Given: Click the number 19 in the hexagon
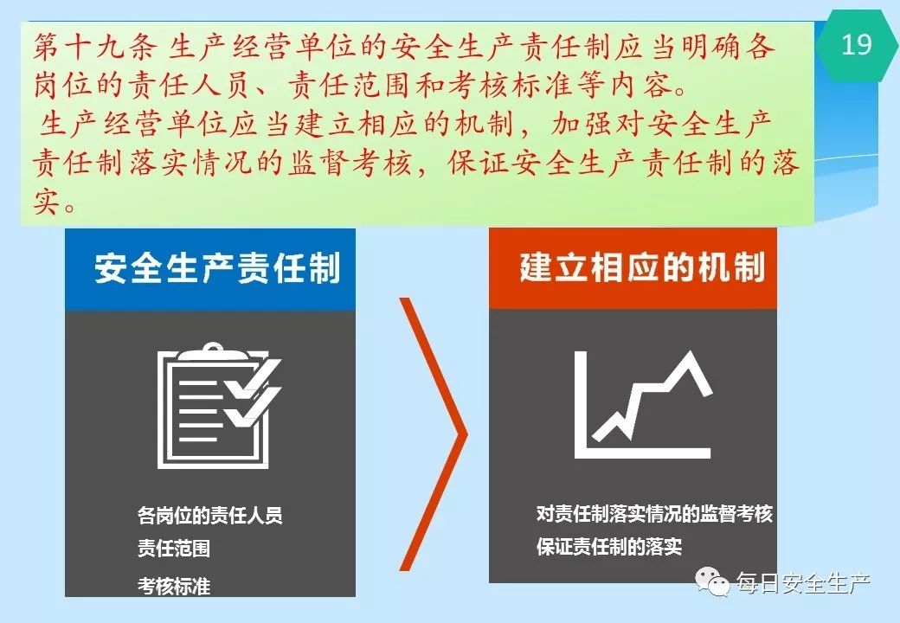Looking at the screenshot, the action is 856,45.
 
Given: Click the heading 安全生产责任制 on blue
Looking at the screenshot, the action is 217,268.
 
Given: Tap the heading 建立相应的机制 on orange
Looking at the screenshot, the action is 642,267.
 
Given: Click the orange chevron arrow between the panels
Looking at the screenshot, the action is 434,434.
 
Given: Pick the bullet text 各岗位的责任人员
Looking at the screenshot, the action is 210,516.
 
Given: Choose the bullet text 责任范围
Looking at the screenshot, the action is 174,549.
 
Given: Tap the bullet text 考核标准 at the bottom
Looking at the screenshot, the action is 174,587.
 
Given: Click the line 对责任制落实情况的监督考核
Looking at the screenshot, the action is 654,513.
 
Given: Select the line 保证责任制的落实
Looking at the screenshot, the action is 609,546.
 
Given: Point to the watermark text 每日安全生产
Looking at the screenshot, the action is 803,583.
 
